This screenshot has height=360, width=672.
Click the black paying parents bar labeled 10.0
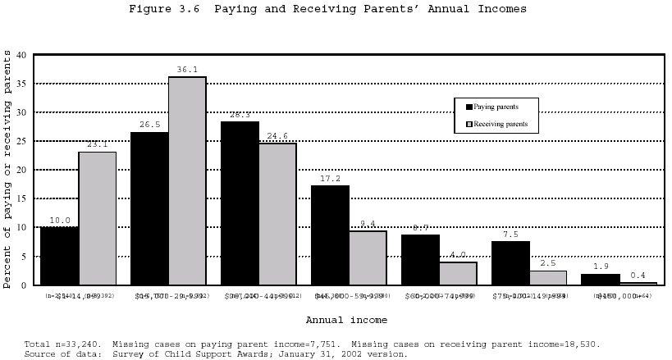(59, 256)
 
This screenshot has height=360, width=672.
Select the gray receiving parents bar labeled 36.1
(187, 180)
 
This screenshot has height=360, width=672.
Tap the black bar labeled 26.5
(149, 208)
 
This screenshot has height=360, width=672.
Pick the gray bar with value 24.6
(277, 214)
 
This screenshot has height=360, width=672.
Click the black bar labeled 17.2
(330, 235)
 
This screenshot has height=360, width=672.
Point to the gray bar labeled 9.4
(368, 257)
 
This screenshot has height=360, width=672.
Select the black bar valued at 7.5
(510, 263)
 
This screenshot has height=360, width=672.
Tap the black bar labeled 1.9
(601, 279)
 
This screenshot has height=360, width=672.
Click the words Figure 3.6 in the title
(167, 9)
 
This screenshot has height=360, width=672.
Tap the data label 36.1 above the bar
(187, 70)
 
